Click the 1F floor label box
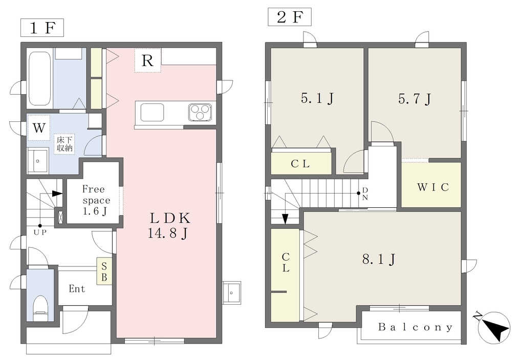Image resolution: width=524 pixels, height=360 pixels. click(x=42, y=28)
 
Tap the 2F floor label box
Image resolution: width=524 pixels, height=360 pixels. click(x=290, y=17)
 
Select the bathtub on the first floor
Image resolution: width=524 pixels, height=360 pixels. click(x=40, y=78)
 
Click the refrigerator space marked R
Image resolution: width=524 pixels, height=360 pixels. click(x=148, y=60)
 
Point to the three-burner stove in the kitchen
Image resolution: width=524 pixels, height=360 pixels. click(x=200, y=112)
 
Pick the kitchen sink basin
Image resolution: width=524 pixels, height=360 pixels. click(x=152, y=112)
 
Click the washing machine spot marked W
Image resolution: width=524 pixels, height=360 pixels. click(x=39, y=128)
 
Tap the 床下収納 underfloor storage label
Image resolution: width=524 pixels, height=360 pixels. click(x=64, y=144)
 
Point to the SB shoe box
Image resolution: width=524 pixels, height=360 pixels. click(x=104, y=271)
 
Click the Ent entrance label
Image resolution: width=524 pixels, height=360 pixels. click(x=77, y=288)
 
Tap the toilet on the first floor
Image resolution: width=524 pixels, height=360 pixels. click(x=41, y=307)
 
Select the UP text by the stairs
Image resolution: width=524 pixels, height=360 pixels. click(x=40, y=232)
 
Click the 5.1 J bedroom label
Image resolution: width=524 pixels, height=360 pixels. click(x=317, y=98)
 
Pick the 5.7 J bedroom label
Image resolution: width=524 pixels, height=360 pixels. click(x=414, y=99)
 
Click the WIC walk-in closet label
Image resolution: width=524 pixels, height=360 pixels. click(x=433, y=187)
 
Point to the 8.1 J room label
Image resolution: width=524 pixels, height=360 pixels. click(x=379, y=259)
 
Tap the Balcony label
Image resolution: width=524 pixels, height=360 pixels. click(x=416, y=327)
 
